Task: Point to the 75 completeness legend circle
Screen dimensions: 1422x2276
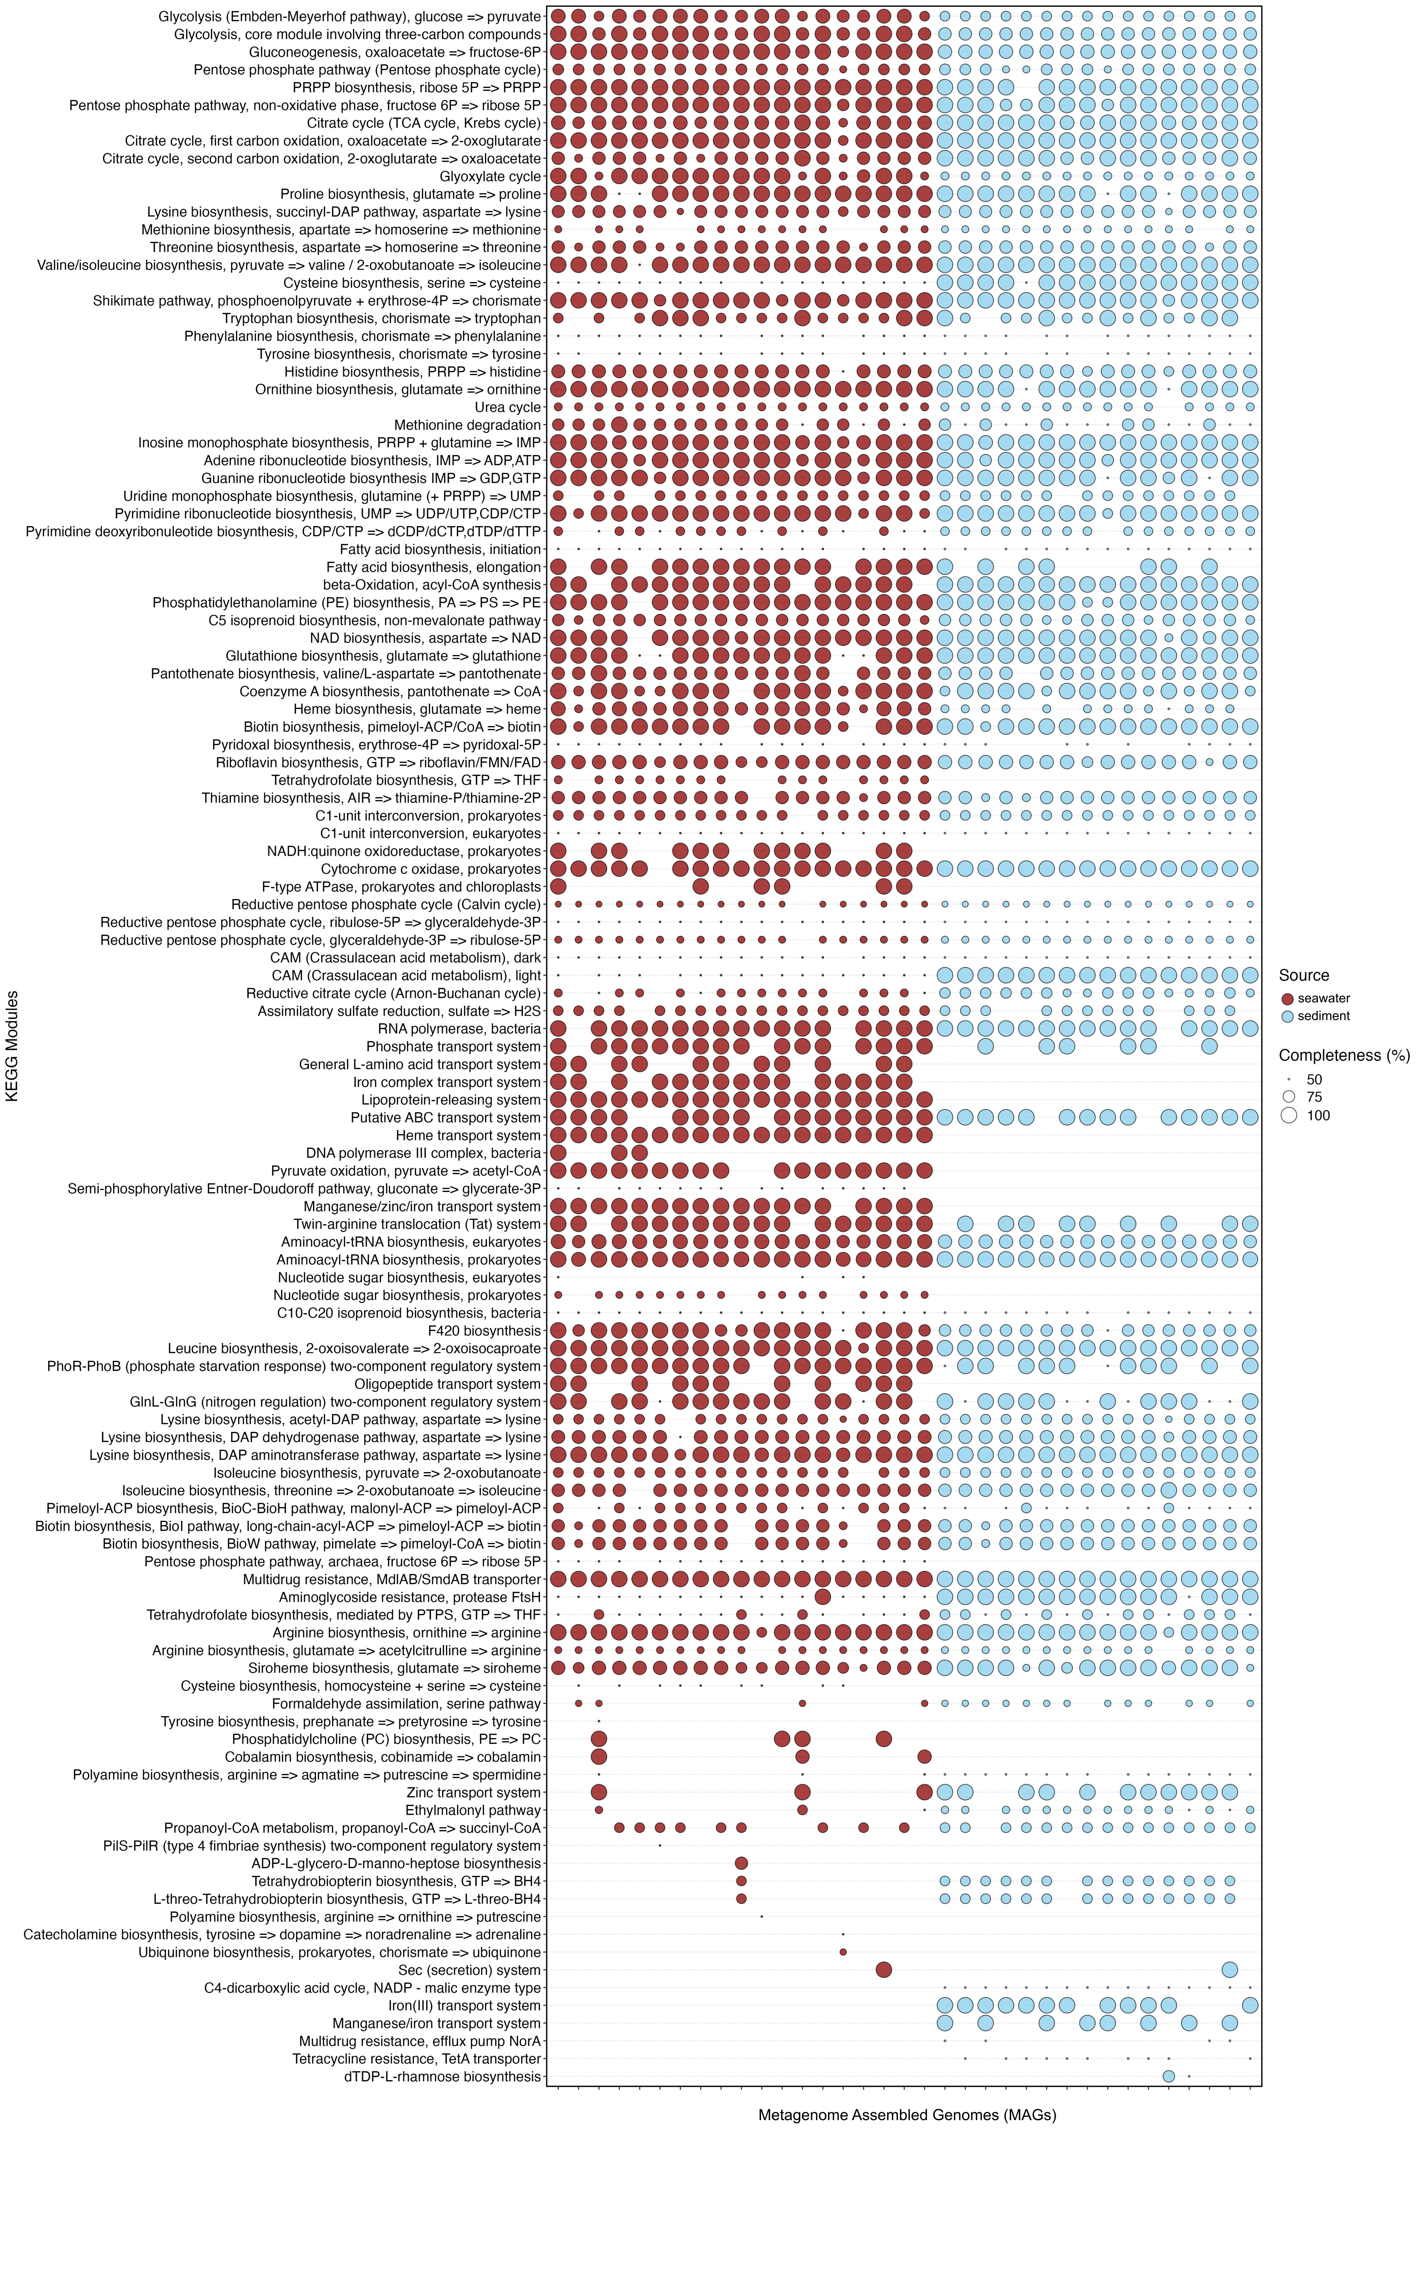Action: [x=1288, y=1097]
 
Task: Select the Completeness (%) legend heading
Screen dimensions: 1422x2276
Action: [x=1344, y=1055]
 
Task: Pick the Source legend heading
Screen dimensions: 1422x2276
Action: [x=1303, y=975]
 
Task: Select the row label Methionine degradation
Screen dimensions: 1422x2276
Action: [x=467, y=425]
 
